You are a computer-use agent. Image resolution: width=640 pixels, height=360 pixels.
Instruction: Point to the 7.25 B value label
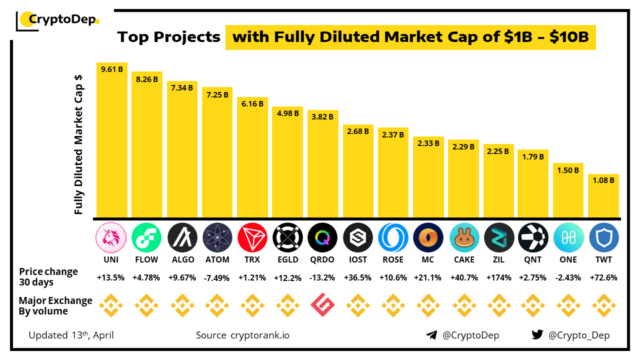pyautogui.click(x=217, y=94)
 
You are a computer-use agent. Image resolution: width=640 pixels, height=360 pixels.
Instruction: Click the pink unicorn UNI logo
pyautogui.click(x=111, y=237)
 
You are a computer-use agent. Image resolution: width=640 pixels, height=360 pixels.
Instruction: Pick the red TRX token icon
pyautogui.click(x=252, y=237)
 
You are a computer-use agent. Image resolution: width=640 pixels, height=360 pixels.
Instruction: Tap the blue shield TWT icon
pyautogui.click(x=604, y=237)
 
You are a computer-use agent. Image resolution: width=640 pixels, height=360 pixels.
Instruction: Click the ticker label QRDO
pyautogui.click(x=322, y=259)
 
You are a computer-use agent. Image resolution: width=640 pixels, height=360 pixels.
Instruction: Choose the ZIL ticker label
pyautogui.click(x=498, y=259)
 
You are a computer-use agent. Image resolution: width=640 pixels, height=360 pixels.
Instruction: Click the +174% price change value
pyautogui.click(x=498, y=278)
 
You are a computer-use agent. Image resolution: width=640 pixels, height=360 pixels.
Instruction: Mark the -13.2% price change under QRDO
pyautogui.click(x=322, y=278)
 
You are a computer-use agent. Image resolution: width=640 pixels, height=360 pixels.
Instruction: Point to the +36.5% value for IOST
pyautogui.click(x=358, y=278)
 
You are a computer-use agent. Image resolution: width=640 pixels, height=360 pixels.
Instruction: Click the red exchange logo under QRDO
pyautogui.click(x=322, y=305)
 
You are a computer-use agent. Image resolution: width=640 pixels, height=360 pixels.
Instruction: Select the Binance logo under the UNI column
pyautogui.click(x=111, y=305)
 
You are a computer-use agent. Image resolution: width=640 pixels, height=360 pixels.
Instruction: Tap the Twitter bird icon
pyautogui.click(x=537, y=335)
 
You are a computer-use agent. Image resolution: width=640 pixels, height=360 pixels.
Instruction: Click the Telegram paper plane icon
pyautogui.click(x=431, y=335)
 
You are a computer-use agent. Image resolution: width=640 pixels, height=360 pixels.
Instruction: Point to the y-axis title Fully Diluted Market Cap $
pyautogui.click(x=78, y=145)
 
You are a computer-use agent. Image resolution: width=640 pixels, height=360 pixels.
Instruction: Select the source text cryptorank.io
pyautogui.click(x=259, y=335)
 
